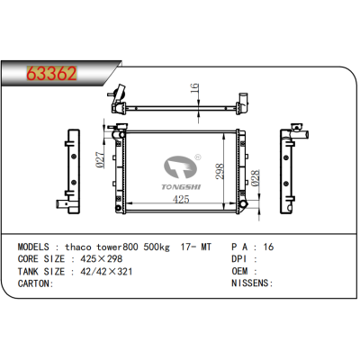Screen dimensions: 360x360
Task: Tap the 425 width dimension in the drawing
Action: pos(181,199)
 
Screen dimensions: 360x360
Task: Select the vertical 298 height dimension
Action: pos(216,170)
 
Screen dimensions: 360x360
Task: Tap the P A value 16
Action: pos(266,245)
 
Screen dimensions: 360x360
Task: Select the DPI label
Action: pos(240,257)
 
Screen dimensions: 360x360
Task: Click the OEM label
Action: pos(240,270)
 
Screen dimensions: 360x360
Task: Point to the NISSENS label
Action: pos(252,283)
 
